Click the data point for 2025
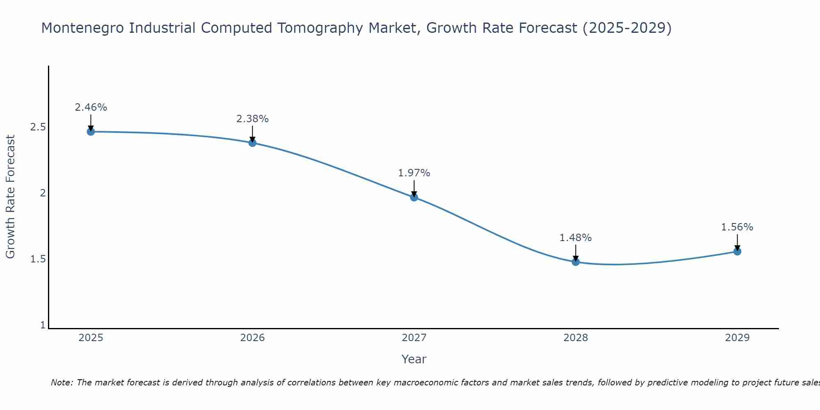tap(91, 132)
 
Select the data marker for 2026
tap(253, 143)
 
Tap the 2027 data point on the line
tap(414, 197)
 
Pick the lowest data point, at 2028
tap(576, 262)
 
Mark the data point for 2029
tap(737, 251)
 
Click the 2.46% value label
tap(91, 107)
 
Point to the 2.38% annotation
tap(253, 119)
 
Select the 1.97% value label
tap(414, 173)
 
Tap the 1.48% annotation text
tap(576, 238)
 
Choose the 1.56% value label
tap(737, 227)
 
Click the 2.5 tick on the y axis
tap(38, 127)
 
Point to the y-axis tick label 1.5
tap(38, 259)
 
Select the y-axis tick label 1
tap(43, 325)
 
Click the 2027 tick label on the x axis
tap(414, 338)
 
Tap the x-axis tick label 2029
tap(737, 338)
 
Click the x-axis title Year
tap(414, 359)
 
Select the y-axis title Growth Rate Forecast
tap(10, 197)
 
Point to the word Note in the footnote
tap(61, 383)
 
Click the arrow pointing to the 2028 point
tap(576, 253)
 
